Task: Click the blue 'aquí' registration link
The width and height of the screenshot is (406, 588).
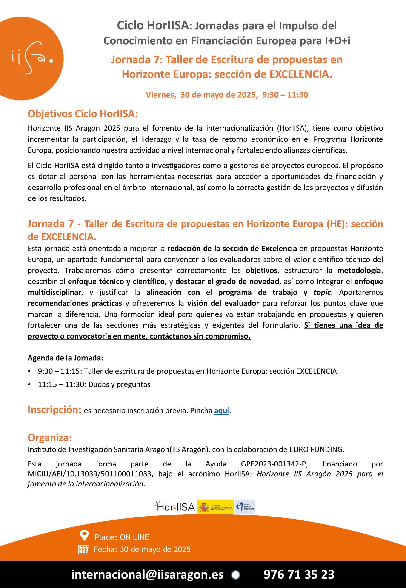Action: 222,411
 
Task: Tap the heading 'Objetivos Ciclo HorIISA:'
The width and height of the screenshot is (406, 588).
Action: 83,114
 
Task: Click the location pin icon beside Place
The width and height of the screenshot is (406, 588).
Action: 84,535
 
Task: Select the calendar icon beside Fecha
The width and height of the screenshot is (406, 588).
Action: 83,550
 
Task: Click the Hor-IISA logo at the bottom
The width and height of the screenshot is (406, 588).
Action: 175,507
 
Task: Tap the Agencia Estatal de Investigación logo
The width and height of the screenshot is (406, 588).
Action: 245,507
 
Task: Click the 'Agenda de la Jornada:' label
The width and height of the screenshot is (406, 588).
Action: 65,358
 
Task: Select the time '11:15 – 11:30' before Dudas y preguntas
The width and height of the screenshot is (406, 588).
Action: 62,384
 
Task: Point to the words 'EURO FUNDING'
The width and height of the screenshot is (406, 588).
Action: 317,449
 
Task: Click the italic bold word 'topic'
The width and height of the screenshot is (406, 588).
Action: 322,292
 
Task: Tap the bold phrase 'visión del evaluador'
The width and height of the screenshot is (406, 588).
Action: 223,303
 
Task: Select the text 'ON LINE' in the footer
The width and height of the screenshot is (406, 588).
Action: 134,537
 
